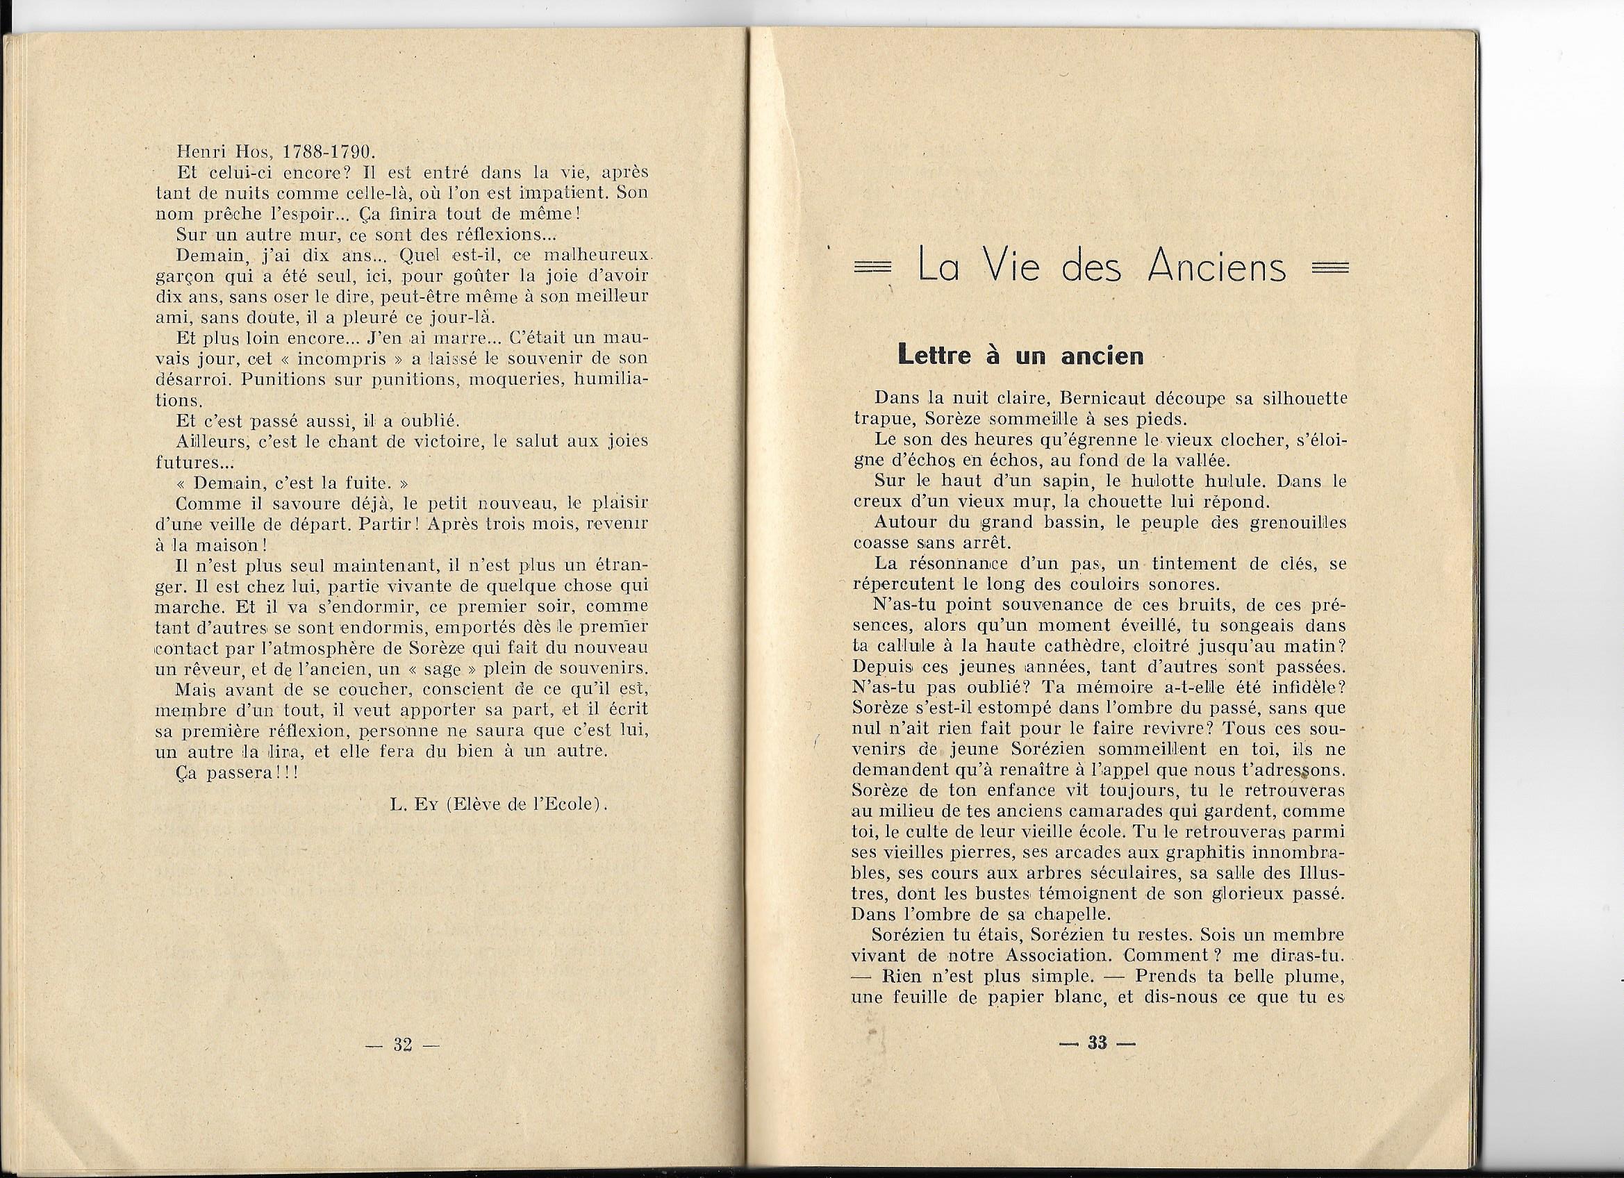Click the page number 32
(402, 1045)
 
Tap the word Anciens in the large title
(1216, 268)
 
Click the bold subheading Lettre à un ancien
(1020, 356)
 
